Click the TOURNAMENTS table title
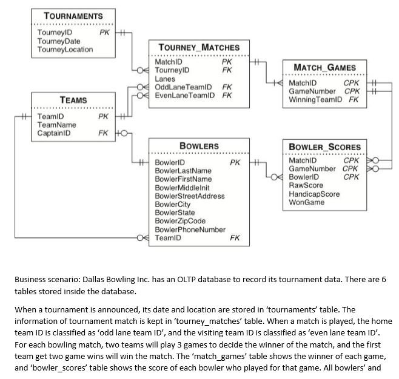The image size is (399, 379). (73, 16)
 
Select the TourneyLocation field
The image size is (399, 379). (65, 49)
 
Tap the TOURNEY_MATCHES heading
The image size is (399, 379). (199, 47)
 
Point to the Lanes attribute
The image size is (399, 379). (165, 79)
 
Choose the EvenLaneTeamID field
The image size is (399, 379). (185, 96)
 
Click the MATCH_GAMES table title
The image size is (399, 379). (324, 67)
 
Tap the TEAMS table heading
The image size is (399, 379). (73, 100)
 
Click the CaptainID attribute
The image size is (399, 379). (54, 133)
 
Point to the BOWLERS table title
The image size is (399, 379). (199, 146)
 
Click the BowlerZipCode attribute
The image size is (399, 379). (180, 221)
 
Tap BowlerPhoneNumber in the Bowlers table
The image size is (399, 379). (190, 229)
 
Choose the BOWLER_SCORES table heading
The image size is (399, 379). (324, 147)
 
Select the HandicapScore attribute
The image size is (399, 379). (314, 194)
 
